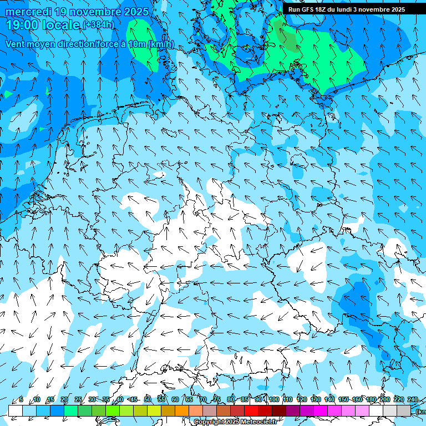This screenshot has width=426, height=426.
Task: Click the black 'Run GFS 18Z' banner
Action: pyautogui.click(x=347, y=9)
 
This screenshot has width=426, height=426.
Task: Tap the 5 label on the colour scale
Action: pyautogui.click(x=21, y=400)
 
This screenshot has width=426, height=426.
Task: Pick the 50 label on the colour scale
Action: pyautogui.click(x=147, y=400)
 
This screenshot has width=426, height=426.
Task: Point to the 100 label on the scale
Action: pyautogui.click(x=273, y=400)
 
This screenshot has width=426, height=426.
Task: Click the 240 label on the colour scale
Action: pyautogui.click(x=412, y=400)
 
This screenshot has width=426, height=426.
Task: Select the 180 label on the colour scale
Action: pyautogui.click(x=371, y=400)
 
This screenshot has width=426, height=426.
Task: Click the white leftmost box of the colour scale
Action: pyautogui.click(x=16, y=410)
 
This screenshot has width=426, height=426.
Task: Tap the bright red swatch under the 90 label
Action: pyautogui.click(x=251, y=410)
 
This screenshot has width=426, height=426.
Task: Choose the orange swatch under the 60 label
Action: pyautogui.click(x=182, y=410)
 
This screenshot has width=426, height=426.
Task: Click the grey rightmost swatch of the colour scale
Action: pyautogui.click(x=404, y=410)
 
